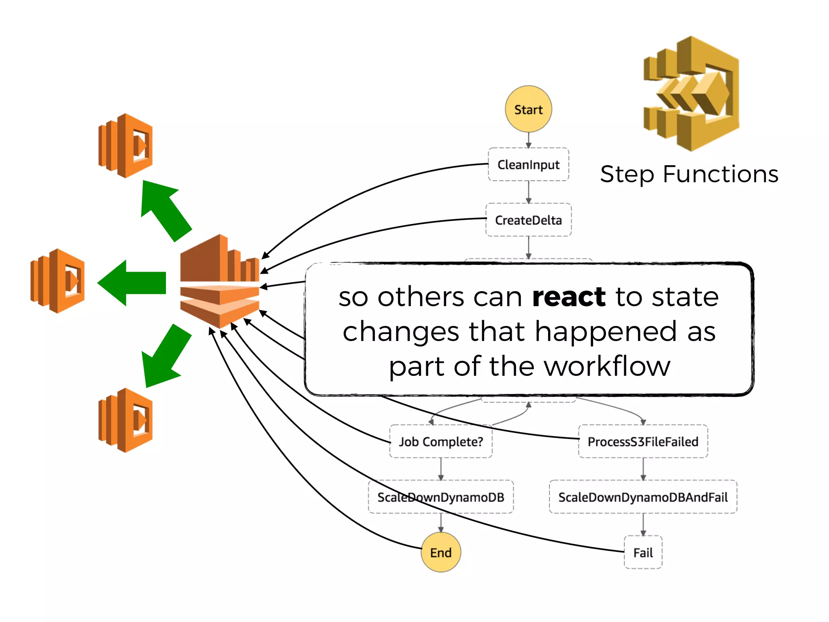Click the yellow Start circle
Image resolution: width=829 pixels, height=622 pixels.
pyautogui.click(x=528, y=109)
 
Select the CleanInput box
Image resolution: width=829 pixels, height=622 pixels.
pyautogui.click(x=528, y=164)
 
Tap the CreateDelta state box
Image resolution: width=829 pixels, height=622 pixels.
pyautogui.click(x=528, y=220)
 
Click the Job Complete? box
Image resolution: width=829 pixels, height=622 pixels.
pyautogui.click(x=441, y=441)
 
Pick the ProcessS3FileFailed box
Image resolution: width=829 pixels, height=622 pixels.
pyautogui.click(x=643, y=441)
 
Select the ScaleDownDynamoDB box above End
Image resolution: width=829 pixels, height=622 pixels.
pyautogui.click(x=441, y=497)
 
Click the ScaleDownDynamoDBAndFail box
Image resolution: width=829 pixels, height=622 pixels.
pyautogui.click(x=643, y=497)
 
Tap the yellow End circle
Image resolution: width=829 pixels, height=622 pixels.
pyautogui.click(x=441, y=552)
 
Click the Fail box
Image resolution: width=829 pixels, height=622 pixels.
pyautogui.click(x=643, y=552)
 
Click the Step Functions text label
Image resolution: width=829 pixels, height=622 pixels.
pyautogui.click(x=689, y=174)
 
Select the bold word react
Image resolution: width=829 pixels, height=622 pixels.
pyautogui.click(x=569, y=297)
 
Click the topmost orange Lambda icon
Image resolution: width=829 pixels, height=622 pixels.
pyautogui.click(x=126, y=146)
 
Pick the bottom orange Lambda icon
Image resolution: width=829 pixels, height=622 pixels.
pyautogui.click(x=126, y=420)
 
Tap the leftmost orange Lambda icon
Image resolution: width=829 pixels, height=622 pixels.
pyautogui.click(x=58, y=281)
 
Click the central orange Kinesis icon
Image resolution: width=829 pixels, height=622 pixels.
pyautogui.click(x=220, y=281)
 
